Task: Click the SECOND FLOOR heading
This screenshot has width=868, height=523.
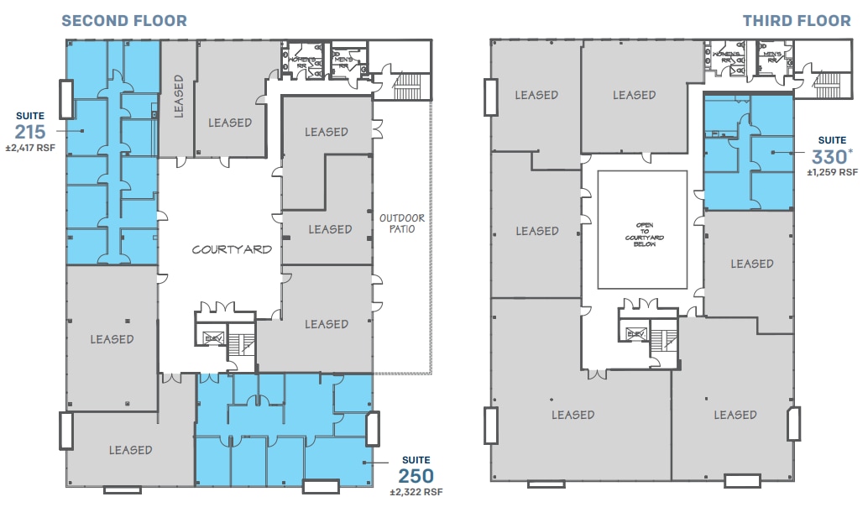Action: [124, 20]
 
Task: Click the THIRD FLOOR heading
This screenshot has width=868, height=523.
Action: [796, 20]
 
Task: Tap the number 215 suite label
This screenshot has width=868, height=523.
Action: [30, 131]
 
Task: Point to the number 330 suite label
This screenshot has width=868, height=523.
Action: [829, 156]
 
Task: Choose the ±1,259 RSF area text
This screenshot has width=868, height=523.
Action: [832, 173]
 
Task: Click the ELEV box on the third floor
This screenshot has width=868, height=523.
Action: [634, 334]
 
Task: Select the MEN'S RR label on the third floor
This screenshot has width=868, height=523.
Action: [771, 58]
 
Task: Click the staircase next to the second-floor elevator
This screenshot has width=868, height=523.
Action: [242, 341]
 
